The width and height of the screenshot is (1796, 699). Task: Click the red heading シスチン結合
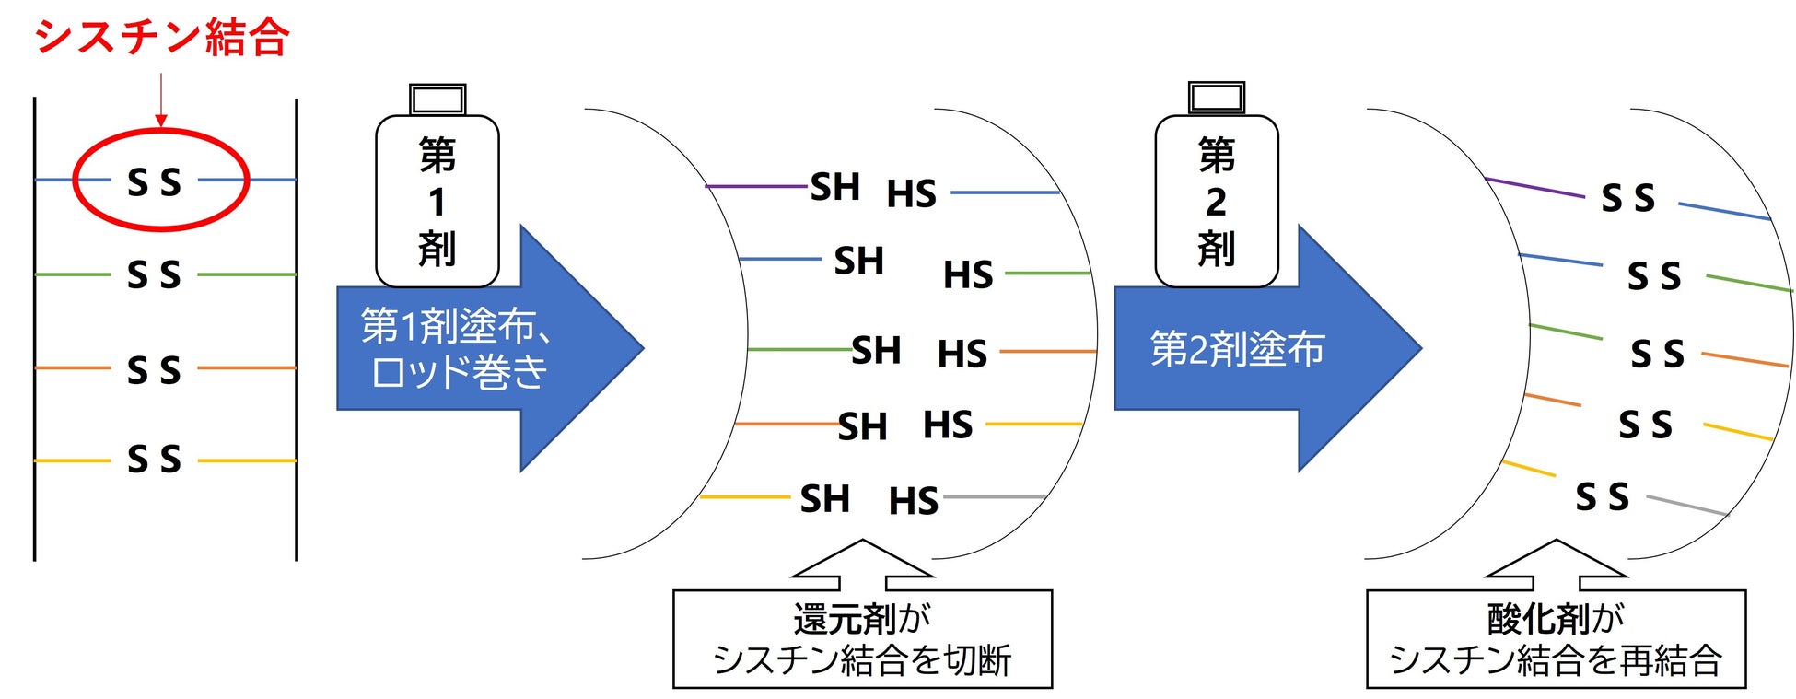(162, 38)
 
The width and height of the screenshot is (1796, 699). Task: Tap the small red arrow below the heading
(161, 102)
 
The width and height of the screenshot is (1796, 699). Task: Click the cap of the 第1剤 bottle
(437, 99)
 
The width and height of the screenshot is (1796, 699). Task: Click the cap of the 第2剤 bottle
(1217, 97)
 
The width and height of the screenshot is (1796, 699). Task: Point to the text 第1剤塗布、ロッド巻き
(457, 348)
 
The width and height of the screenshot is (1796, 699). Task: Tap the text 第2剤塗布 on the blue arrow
(1237, 348)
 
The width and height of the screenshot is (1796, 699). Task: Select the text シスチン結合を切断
(862, 660)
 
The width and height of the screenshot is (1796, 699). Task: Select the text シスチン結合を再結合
(1556, 660)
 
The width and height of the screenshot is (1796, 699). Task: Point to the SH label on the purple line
(834, 187)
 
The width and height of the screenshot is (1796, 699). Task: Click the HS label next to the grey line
(913, 501)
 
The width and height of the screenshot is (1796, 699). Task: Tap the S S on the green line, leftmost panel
(154, 274)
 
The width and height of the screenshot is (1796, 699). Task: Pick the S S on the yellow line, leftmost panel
(154, 459)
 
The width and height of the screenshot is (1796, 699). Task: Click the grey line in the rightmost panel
(1687, 506)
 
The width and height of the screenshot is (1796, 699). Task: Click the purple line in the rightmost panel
(1534, 187)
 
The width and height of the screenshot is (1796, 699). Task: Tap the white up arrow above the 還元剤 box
(863, 563)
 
